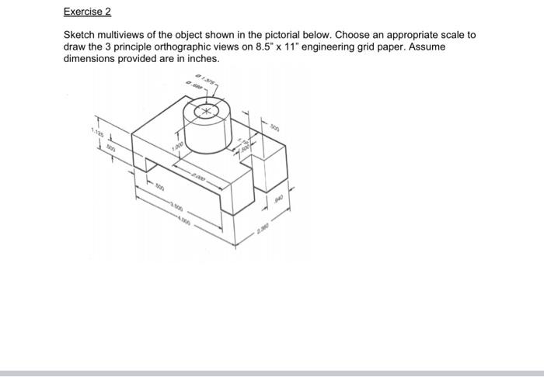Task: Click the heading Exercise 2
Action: (x=87, y=12)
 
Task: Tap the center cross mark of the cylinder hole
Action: (x=206, y=112)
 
